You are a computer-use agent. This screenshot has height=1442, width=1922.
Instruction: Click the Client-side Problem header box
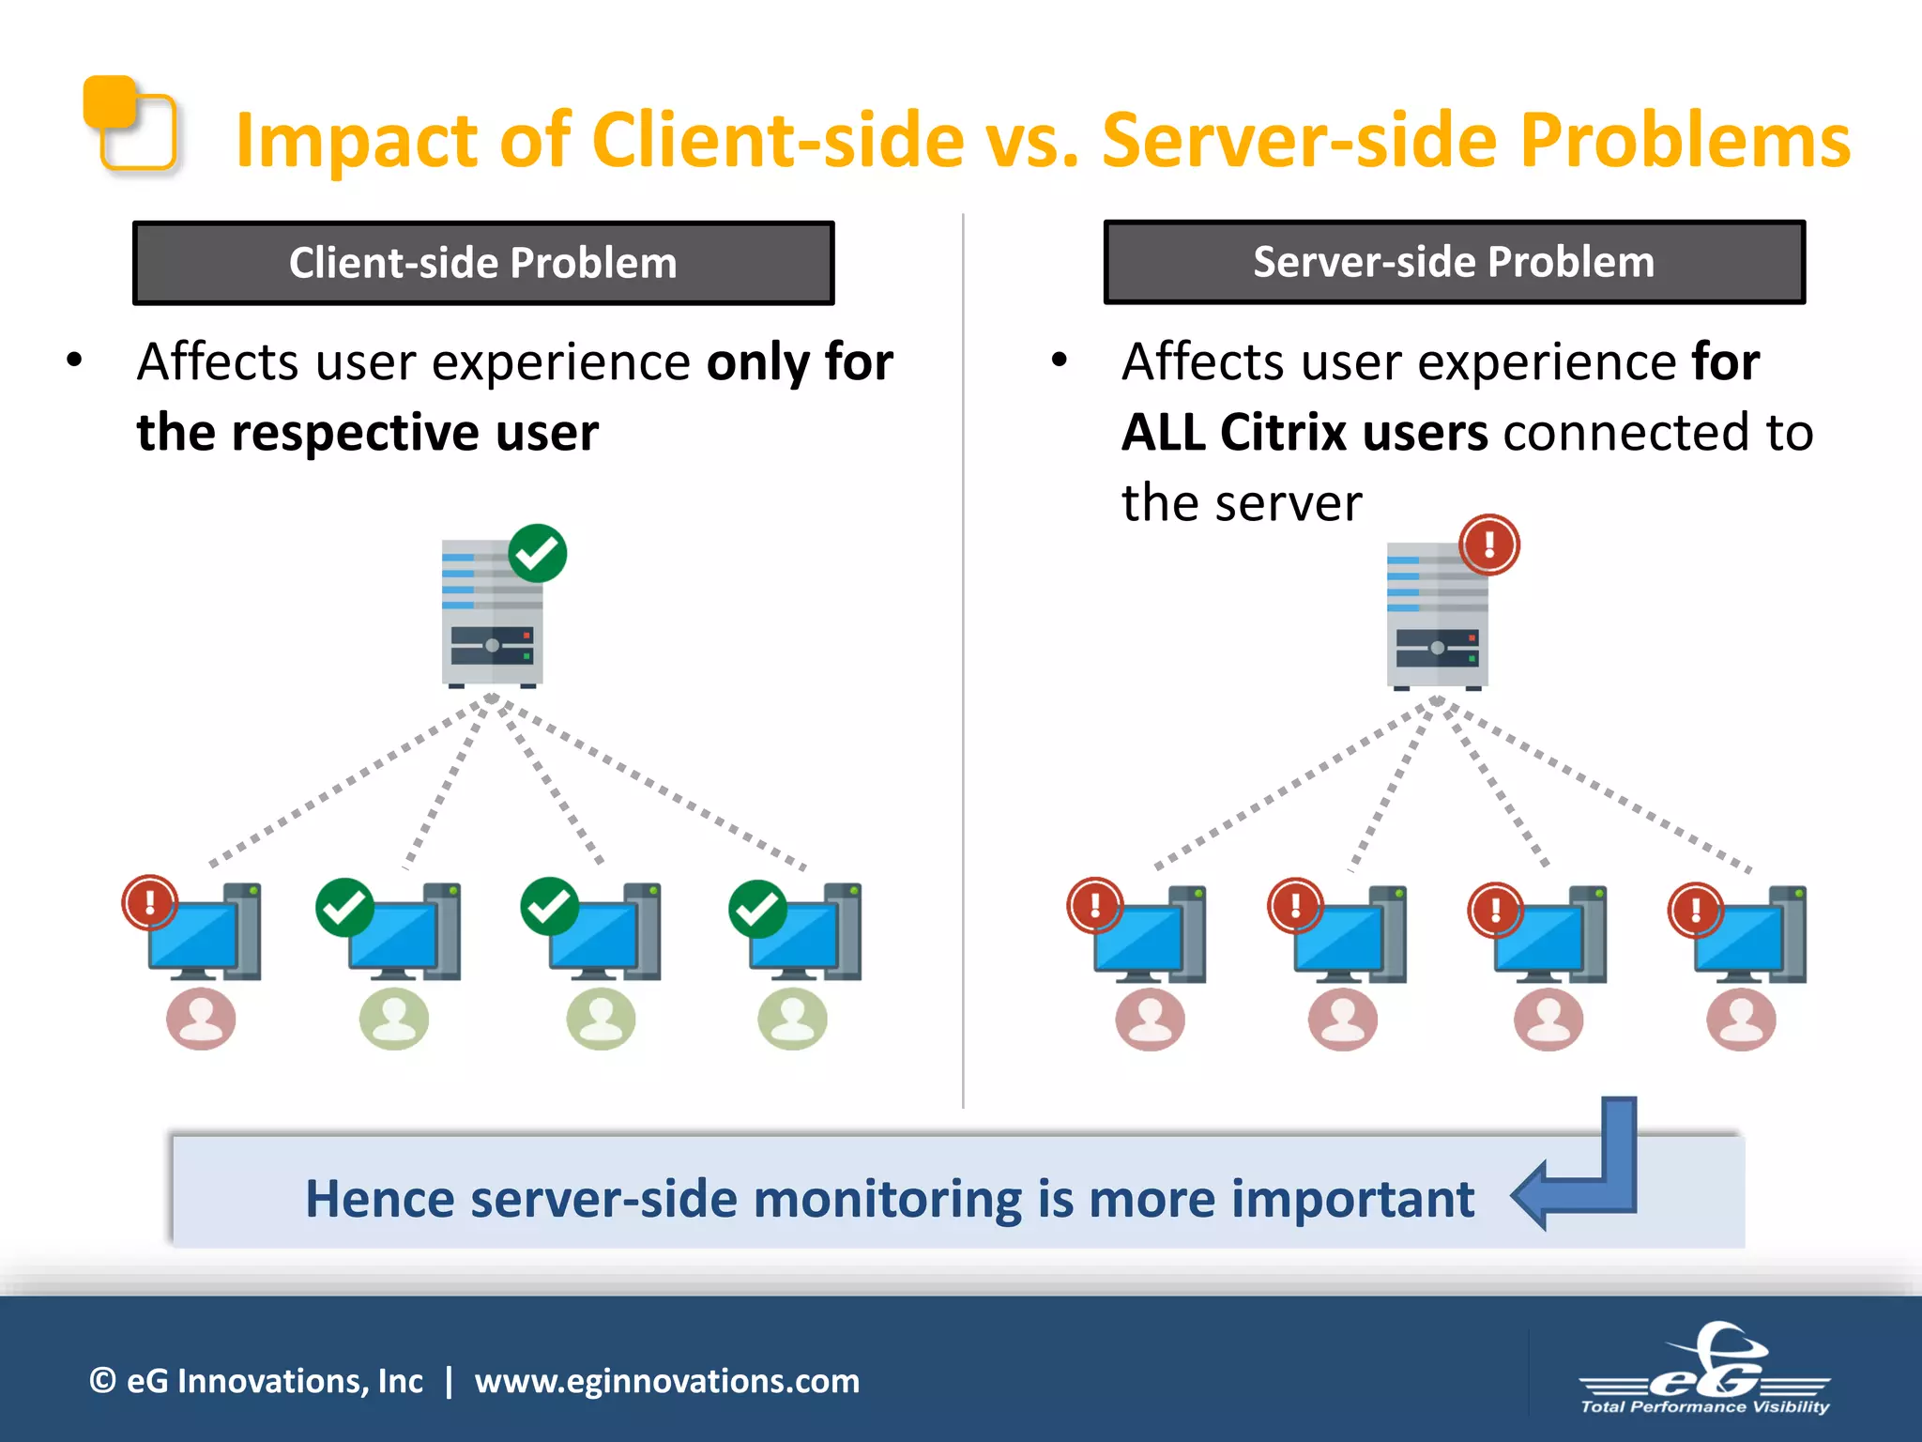(x=482, y=263)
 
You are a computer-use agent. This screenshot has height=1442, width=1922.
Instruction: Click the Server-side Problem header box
(x=1454, y=262)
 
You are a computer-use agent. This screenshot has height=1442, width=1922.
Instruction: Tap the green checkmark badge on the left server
(x=538, y=553)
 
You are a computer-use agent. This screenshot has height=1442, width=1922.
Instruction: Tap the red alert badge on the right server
(x=1488, y=545)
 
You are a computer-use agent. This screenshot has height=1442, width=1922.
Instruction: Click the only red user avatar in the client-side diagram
(x=201, y=1019)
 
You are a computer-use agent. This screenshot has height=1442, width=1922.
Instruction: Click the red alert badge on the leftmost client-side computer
(x=150, y=902)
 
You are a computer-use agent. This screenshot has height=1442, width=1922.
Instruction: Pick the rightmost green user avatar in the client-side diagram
(x=792, y=1019)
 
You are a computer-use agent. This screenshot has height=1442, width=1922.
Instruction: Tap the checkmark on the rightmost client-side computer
(x=757, y=909)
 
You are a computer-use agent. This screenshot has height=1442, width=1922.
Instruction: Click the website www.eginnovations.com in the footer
(x=666, y=1381)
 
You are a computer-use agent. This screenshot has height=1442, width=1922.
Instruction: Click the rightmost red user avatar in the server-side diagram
(x=1741, y=1020)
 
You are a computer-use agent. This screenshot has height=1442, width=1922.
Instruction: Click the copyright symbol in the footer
(x=102, y=1381)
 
